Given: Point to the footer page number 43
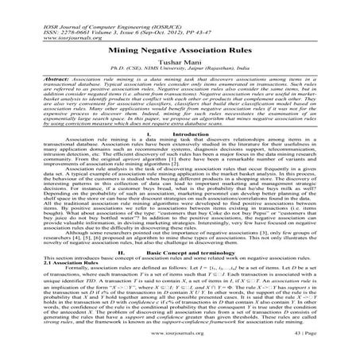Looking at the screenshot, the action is tap(327, 351).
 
